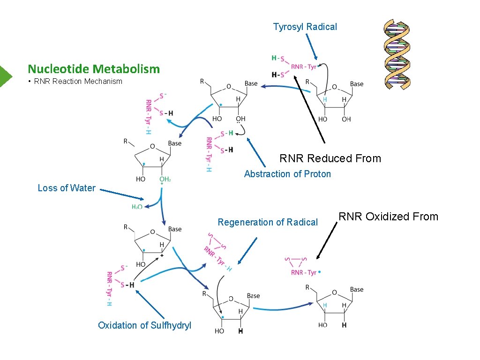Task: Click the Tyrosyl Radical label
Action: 305,27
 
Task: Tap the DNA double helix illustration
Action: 397,54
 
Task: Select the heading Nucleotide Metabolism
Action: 94,69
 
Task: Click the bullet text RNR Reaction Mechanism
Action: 78,81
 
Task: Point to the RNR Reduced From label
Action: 330,158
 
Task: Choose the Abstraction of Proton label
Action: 287,174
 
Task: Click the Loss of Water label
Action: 67,188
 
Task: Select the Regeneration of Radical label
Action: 268,222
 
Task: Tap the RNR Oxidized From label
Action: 388,217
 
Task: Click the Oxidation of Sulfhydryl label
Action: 144,325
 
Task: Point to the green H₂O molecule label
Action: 137,207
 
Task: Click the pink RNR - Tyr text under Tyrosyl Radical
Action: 304,67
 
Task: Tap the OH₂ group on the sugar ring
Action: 165,179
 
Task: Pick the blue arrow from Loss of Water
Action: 122,195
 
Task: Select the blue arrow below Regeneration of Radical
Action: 247,251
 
